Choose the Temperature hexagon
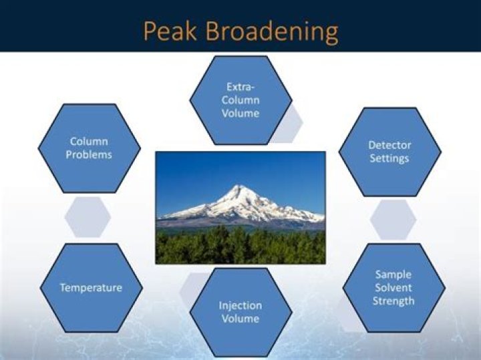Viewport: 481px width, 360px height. coord(91,288)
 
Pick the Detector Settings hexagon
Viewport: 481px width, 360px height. coord(389,152)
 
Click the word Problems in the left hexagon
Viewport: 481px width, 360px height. coord(89,155)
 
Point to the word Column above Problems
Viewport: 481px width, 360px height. coord(89,142)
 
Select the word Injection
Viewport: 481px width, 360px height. coord(240,305)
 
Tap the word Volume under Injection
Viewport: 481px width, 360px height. coord(240,319)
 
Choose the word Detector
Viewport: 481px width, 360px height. coord(389,145)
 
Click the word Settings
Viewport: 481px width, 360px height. coord(389,158)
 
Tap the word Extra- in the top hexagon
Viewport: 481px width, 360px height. coord(240,87)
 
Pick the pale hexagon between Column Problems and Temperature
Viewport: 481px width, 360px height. coord(88,217)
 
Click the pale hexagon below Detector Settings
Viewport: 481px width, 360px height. coord(393,220)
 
